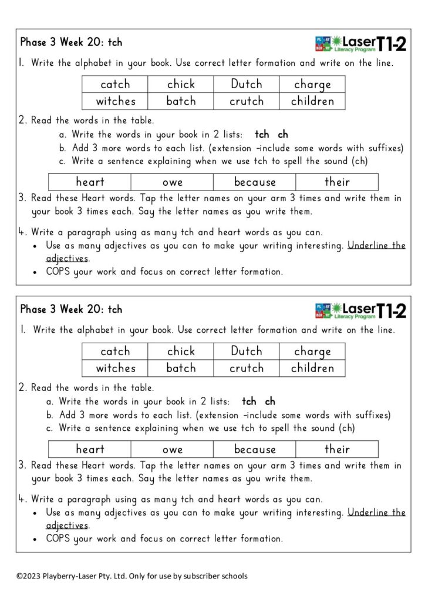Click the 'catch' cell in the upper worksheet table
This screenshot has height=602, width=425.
[115, 85]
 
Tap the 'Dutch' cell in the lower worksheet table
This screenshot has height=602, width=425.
[247, 352]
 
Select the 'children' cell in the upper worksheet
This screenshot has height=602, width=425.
[312, 101]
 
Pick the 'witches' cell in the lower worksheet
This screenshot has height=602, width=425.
[115, 369]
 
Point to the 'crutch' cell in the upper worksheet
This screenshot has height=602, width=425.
[247, 101]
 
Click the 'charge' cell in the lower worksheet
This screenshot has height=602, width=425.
[312, 352]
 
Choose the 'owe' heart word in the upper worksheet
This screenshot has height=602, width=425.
[173, 182]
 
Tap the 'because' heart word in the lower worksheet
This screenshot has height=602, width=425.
[255, 450]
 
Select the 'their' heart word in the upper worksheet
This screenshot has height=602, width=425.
[337, 182]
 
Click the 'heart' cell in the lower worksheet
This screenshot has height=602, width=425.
[90, 450]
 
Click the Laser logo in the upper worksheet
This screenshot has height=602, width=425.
[344, 44]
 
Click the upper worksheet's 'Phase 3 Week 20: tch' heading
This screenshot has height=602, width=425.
[71, 42]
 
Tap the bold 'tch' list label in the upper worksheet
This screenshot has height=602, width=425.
[262, 135]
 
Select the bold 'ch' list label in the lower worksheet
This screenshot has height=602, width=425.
[269, 402]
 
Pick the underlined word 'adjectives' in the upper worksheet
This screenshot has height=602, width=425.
[67, 259]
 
